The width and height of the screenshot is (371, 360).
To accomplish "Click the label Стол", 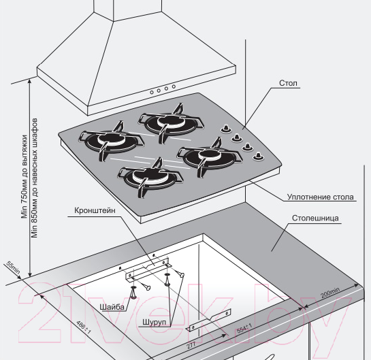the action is pos(288,83).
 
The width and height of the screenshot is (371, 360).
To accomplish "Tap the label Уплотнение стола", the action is pos(321,197).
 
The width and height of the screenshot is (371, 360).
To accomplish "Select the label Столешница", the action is pos(315,218).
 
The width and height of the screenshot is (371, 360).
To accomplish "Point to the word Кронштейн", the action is pos(95,210).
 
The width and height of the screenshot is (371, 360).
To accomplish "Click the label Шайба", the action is pos(112,307).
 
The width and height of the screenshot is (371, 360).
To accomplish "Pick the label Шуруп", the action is pos(154,322).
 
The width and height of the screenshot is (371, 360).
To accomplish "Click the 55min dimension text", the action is pos(13,267).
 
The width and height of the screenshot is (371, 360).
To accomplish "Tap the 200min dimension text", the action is pos(330,293).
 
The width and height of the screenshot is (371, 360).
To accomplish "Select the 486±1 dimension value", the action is pos(84,327).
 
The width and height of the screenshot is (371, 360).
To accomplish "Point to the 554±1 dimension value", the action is pos(244,329).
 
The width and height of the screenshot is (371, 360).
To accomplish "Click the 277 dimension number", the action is pos(191,346).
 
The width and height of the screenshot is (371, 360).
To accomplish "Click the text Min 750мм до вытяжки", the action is pos(25,176).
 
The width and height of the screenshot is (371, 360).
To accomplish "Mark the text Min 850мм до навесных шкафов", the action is pos(35,178).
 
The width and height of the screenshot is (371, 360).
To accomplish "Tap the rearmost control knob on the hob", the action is pos(226,128).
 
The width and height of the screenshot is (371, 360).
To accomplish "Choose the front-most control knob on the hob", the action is pos(258,157).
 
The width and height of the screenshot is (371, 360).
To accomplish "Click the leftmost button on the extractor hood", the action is pos(152,93).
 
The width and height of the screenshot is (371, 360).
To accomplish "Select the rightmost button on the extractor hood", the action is pos(174,86).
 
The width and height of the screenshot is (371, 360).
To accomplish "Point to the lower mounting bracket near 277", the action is pos(209,320).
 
